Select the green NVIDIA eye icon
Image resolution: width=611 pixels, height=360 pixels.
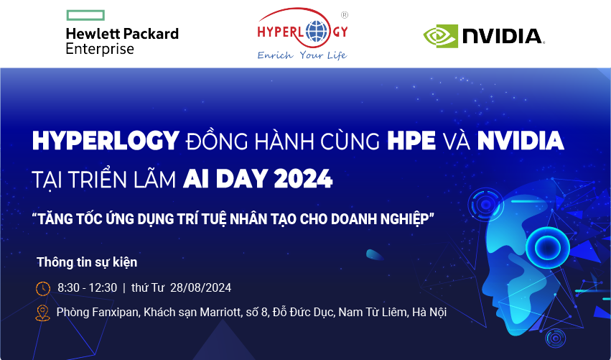(x=439, y=35)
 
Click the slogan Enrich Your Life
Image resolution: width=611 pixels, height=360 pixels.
(x=302, y=55)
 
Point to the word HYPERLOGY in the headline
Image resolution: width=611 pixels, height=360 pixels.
(x=105, y=141)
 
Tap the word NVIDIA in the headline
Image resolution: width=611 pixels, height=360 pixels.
(x=518, y=141)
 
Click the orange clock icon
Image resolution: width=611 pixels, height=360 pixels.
(x=43, y=288)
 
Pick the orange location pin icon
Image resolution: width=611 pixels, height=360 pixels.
(x=43, y=313)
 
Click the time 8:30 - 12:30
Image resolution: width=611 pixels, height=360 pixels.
(x=87, y=288)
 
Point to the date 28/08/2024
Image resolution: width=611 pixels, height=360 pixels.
(x=200, y=288)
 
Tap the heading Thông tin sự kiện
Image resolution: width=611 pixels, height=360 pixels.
(x=86, y=262)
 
